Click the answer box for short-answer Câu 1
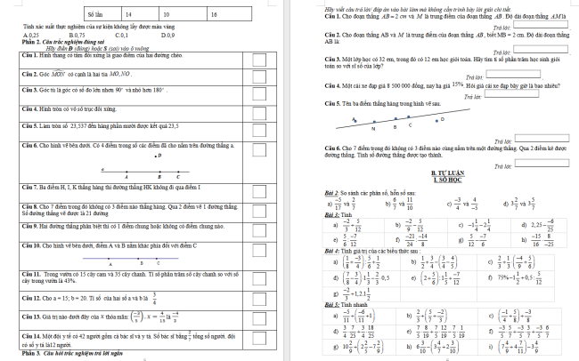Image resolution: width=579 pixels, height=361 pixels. click(x=544, y=27)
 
